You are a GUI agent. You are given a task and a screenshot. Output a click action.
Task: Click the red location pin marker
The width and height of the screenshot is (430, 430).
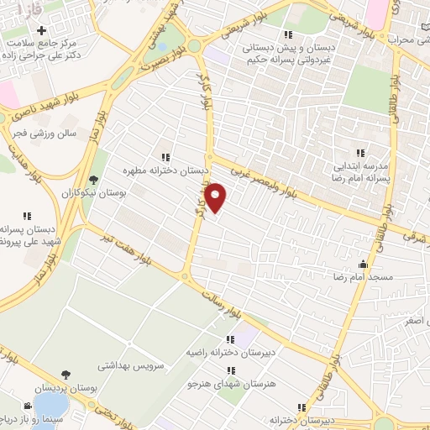(217, 197)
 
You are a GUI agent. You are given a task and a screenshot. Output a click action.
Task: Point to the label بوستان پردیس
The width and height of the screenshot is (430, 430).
(66, 390)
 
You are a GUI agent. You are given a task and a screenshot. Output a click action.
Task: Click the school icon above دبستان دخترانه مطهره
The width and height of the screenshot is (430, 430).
(165, 157)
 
